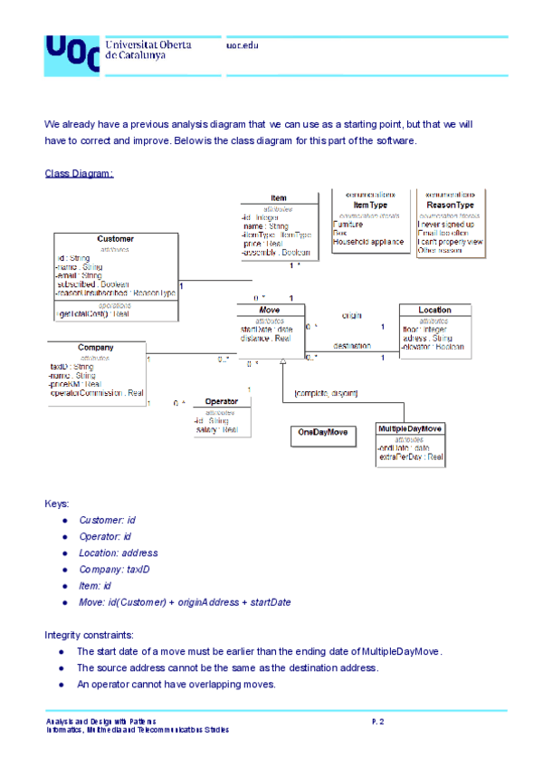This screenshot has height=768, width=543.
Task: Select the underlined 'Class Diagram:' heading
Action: [80, 173]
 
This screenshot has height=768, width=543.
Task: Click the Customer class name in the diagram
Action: [114, 239]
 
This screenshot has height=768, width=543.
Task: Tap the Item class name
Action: [278, 198]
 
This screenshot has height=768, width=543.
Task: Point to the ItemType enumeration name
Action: [370, 205]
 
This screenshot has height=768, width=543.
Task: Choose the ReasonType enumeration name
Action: [450, 205]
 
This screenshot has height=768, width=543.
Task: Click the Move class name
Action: [269, 310]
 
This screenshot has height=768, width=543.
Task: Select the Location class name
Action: [434, 310]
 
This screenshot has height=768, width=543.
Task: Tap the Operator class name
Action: [221, 401]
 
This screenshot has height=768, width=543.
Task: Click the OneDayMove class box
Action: [323, 433]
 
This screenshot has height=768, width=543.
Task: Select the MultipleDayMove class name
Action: [410, 428]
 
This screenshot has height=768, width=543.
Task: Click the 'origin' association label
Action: [352, 316]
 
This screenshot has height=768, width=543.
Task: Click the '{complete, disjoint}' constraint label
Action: [326, 393]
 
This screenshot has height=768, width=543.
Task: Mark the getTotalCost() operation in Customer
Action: [93, 313]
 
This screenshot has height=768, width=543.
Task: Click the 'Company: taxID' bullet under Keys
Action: [114, 570]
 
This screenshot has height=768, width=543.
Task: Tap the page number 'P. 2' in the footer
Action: [378, 721]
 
